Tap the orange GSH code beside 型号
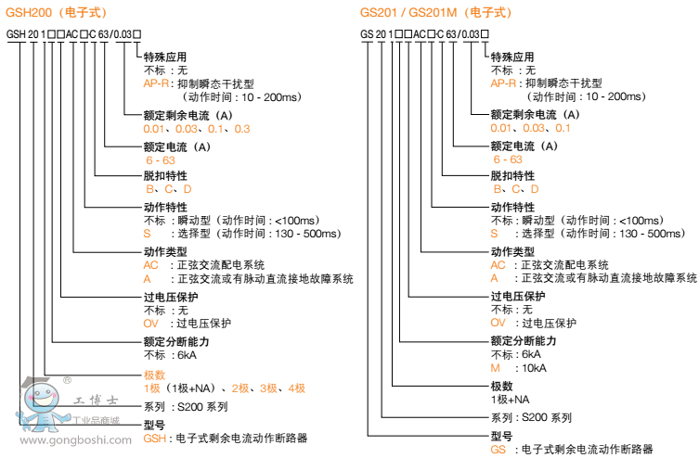154,438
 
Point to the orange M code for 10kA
496,368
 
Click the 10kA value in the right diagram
534,368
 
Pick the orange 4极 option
296,388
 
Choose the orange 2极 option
240,388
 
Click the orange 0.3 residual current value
242,128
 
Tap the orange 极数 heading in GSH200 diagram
154,375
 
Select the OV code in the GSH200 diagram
151,324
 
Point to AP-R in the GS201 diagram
503,83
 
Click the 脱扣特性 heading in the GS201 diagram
512,175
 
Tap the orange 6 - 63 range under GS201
507,159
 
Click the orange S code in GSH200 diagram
147,234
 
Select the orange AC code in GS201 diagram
498,264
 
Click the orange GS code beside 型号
498,449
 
